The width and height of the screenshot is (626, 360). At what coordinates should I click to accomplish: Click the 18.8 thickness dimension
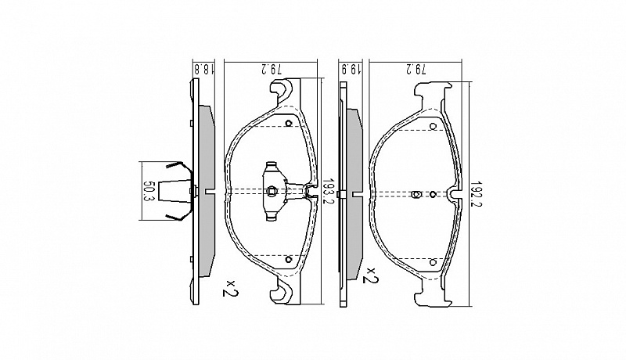click(203, 69)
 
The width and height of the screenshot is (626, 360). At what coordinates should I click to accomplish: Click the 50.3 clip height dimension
click(148, 191)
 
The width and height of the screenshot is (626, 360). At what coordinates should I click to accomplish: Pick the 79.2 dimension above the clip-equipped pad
click(272, 69)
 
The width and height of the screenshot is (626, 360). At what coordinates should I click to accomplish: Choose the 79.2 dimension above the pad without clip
click(416, 69)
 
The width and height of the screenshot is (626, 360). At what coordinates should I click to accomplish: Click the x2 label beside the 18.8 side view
click(230, 288)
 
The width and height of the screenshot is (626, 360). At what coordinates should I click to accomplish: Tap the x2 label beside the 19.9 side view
click(370, 275)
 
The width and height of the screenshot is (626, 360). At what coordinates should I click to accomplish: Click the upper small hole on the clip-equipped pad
click(289, 123)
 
